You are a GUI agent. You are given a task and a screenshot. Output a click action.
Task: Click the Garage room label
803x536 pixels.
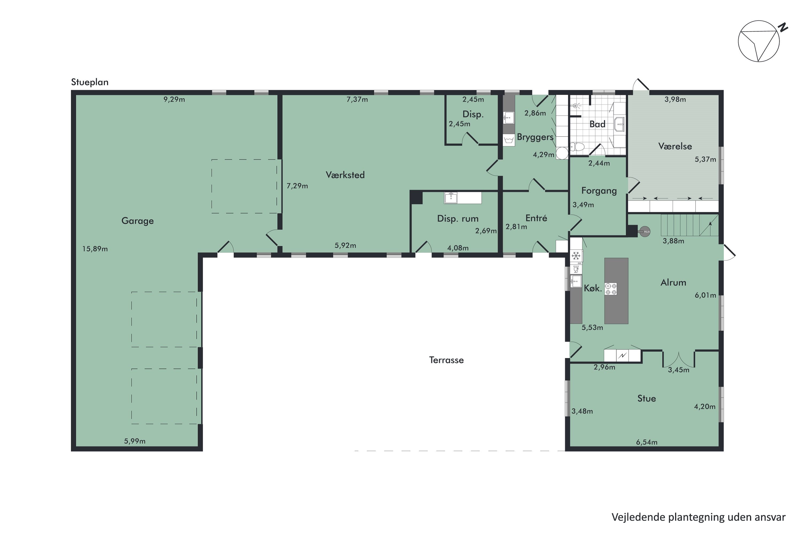pos(138,221)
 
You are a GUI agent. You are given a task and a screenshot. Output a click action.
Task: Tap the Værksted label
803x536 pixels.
pos(345,175)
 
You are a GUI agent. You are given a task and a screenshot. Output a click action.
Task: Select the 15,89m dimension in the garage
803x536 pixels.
pos(95,249)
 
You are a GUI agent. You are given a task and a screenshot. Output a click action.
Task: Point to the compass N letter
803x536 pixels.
pos(783,27)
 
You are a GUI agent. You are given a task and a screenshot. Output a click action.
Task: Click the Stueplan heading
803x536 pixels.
pos(90,82)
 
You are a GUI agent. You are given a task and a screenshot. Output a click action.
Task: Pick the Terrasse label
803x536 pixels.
pos(446,360)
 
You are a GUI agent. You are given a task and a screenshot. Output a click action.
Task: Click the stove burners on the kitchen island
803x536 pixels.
pos(611,289)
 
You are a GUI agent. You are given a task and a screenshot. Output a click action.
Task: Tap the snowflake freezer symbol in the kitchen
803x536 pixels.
pos(576,255)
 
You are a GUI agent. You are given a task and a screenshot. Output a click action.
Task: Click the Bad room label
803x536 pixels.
pos(597,124)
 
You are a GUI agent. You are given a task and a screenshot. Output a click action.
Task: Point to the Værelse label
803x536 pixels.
pos(675,146)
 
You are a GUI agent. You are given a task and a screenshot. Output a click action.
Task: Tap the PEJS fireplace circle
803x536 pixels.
pos(645,232)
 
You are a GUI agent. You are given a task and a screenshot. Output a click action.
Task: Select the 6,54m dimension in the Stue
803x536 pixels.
pos(647,442)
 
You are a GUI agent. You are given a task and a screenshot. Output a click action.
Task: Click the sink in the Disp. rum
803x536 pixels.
pos(451,198)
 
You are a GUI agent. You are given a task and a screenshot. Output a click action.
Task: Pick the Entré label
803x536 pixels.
pos(536,218)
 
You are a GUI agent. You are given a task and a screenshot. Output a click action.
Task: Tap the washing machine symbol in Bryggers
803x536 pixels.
pos(509,140)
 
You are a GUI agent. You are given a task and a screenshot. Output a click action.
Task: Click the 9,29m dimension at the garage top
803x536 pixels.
pos(174,99)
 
